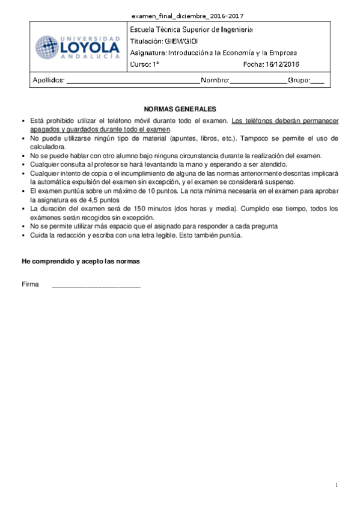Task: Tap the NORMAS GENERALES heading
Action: [x=180, y=109]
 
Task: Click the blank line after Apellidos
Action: [x=132, y=81]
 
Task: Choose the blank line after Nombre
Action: [x=258, y=81]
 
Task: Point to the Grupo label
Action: [x=298, y=80]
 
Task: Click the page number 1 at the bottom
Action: [x=337, y=485]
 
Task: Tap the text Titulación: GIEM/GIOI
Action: [x=163, y=41]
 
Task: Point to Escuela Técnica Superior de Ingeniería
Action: [x=191, y=29]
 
